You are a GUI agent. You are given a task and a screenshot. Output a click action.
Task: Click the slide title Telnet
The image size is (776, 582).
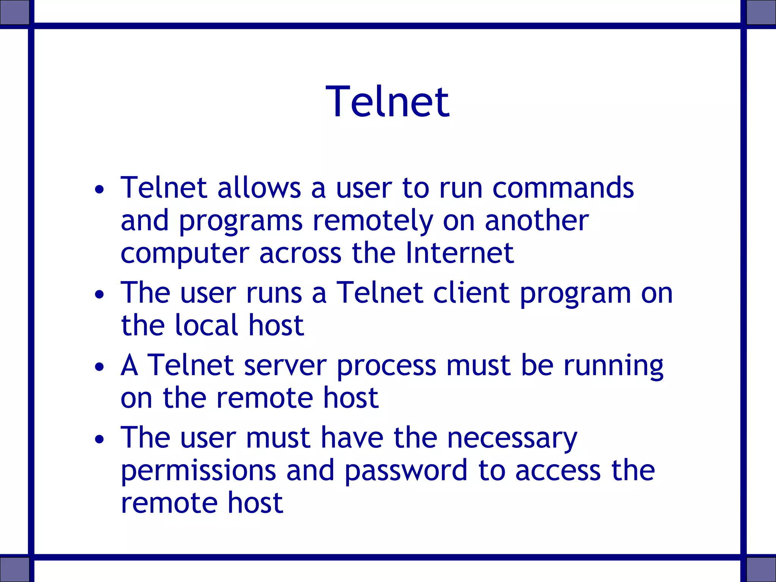(388, 102)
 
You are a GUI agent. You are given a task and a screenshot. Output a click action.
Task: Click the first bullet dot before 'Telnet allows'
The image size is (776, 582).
(99, 189)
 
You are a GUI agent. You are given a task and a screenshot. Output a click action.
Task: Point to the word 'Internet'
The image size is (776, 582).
(459, 253)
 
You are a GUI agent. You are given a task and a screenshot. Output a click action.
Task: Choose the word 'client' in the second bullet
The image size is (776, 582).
(471, 293)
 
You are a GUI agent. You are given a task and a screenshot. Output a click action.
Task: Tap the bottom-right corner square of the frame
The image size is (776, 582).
(761, 569)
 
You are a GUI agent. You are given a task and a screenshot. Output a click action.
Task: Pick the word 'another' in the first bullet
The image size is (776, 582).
(537, 221)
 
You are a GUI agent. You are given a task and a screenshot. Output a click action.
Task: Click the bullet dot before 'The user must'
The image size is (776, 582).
(99, 439)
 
